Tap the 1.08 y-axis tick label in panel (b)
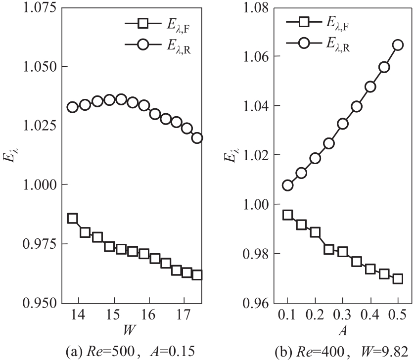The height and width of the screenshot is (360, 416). click(256, 8)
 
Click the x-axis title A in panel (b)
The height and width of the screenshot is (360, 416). click(343, 328)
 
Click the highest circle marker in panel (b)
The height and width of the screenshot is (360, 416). click(398, 45)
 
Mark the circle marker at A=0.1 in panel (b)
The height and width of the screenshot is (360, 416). click(288, 185)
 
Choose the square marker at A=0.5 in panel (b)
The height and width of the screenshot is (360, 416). click(398, 278)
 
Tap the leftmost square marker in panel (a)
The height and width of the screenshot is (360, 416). click(73, 218)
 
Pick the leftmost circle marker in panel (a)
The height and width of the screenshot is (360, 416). click(73, 107)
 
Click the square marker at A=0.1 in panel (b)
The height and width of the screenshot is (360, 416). click(288, 215)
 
